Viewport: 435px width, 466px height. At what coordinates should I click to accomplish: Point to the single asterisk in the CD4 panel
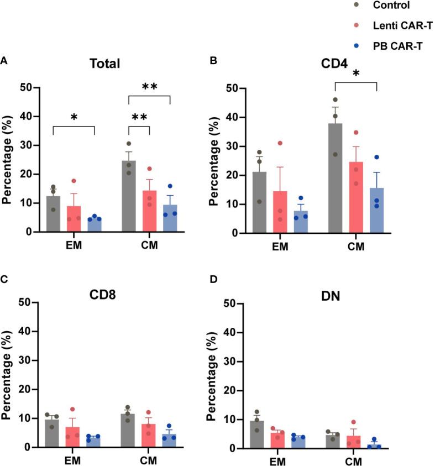pos(356,74)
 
